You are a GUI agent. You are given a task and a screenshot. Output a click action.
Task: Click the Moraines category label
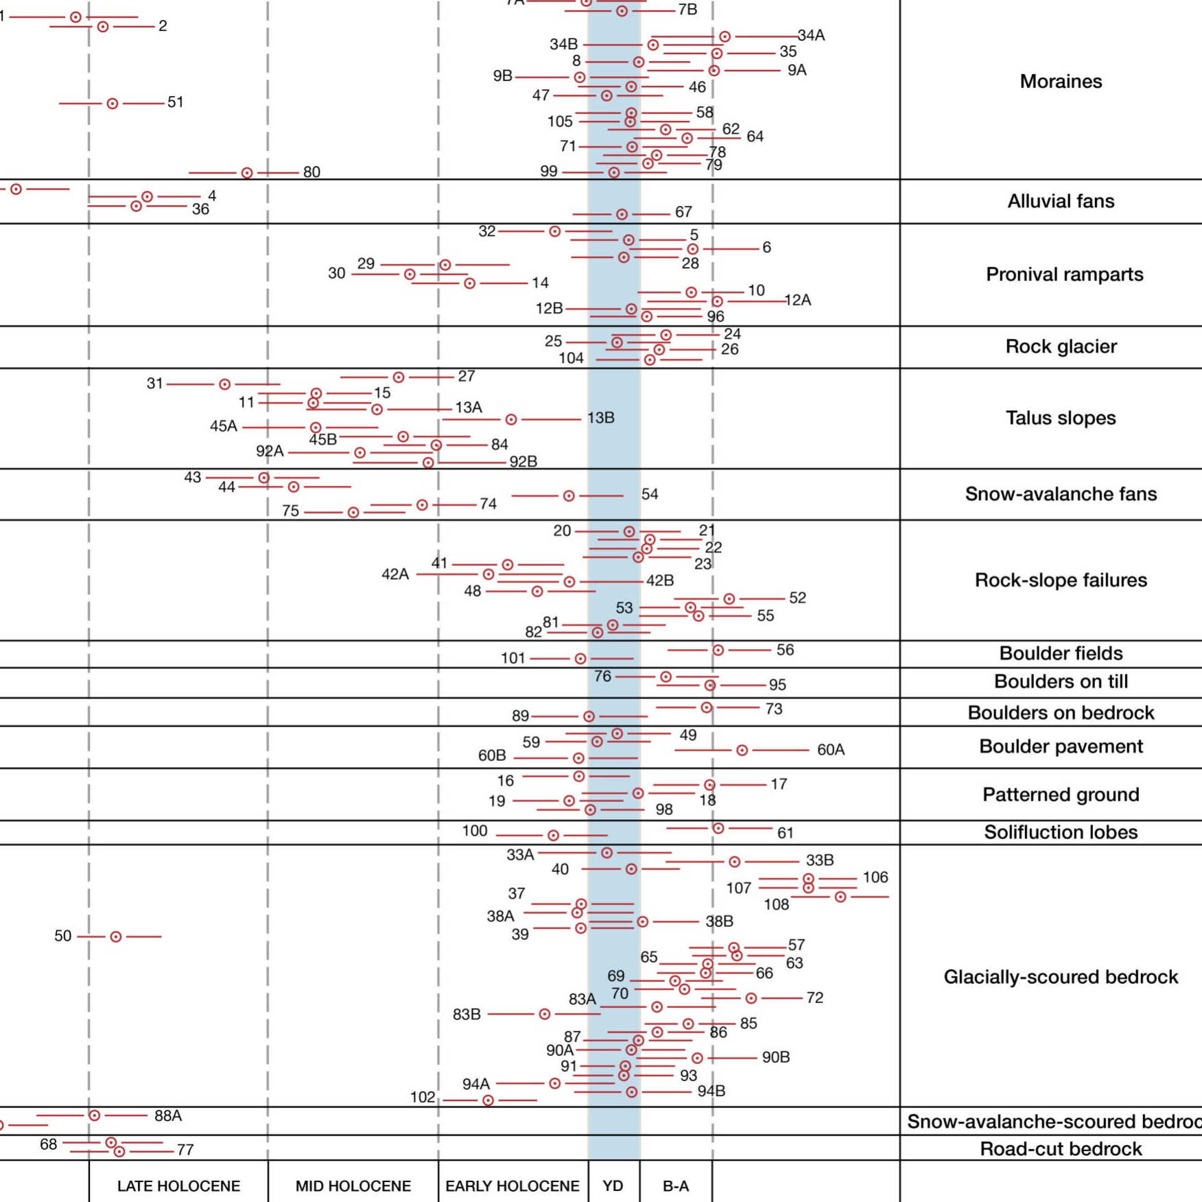[1061, 82]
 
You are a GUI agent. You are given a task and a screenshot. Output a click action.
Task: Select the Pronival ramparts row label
[1064, 274]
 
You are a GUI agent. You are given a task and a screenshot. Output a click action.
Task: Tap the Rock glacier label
[1061, 346]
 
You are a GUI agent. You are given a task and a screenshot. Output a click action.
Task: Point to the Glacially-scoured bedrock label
[1061, 977]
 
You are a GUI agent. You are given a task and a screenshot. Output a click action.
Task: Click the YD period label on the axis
[613, 1186]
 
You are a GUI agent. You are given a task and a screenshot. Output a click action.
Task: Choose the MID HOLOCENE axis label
[353, 1186]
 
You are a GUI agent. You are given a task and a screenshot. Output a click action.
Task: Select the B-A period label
[676, 1186]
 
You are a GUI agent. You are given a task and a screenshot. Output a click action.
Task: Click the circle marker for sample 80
[247, 173]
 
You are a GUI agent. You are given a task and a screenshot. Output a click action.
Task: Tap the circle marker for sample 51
[113, 104]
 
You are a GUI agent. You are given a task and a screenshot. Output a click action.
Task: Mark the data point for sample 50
[116, 936]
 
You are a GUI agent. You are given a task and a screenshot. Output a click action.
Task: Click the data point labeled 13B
[511, 419]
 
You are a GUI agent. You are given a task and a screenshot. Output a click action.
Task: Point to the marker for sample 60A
[742, 751]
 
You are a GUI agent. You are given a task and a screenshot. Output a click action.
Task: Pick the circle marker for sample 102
[488, 1100]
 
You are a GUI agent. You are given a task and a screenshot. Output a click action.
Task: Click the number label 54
[650, 495]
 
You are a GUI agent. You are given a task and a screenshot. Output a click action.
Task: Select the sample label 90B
[776, 1057]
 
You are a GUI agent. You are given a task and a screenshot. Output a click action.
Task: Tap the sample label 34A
[811, 36]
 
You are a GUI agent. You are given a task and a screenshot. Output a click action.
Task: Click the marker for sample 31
[224, 384]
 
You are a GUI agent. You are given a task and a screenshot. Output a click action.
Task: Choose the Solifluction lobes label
[1061, 832]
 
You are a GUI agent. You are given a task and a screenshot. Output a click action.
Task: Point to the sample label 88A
[168, 1116]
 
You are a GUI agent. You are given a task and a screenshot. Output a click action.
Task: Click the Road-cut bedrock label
[1061, 1149]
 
